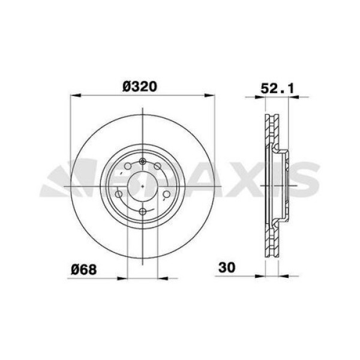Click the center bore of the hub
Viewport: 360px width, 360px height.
pyautogui.click(x=142, y=186)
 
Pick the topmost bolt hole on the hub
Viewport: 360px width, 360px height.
pyautogui.click(x=142, y=161)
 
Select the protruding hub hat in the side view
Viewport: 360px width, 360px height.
pyautogui.click(x=287, y=186)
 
